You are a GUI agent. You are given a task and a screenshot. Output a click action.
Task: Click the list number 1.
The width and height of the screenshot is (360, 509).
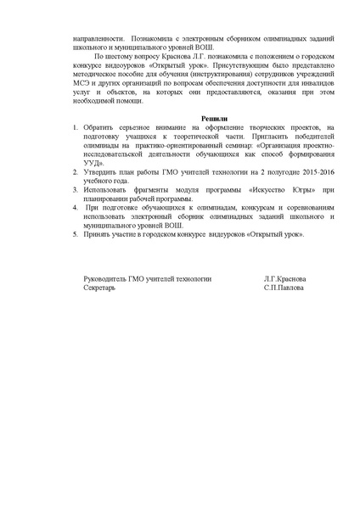[75, 126]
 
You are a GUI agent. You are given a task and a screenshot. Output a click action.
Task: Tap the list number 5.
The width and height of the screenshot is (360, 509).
[75, 232]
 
